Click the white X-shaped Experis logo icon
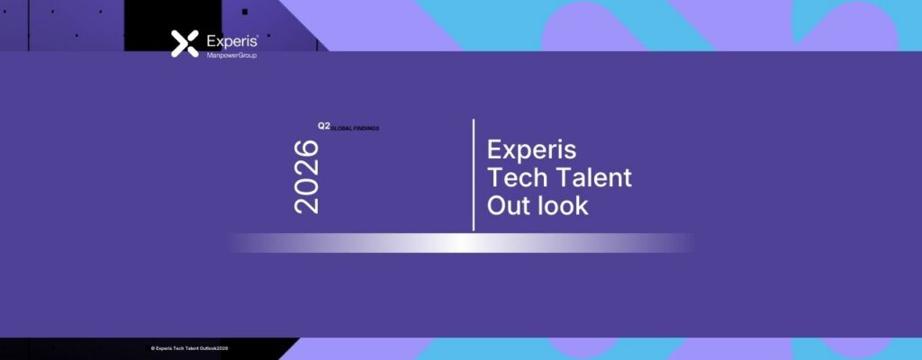[185, 43]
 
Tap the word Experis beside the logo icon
[231, 41]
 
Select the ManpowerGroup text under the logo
[231, 55]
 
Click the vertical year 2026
[306, 176]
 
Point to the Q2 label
[324, 126]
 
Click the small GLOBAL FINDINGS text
[355, 128]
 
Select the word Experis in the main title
[531, 150]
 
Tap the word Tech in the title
[516, 177]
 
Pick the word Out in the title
[508, 205]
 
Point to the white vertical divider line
[474, 175]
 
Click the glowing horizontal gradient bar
[462, 243]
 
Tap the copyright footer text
[189, 348]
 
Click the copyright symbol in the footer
[153, 348]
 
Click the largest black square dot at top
[245, 12]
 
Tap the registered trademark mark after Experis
[257, 37]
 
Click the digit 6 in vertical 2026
[306, 148]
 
